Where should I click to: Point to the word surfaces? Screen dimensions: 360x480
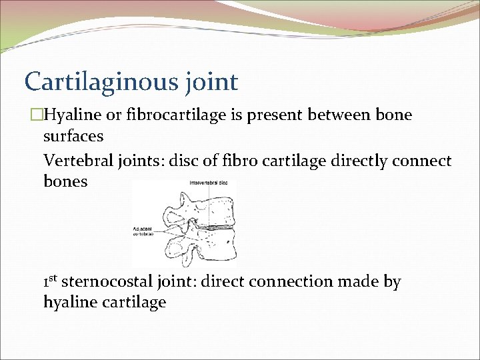[73, 137]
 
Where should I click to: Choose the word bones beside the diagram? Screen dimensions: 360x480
[65, 182]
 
